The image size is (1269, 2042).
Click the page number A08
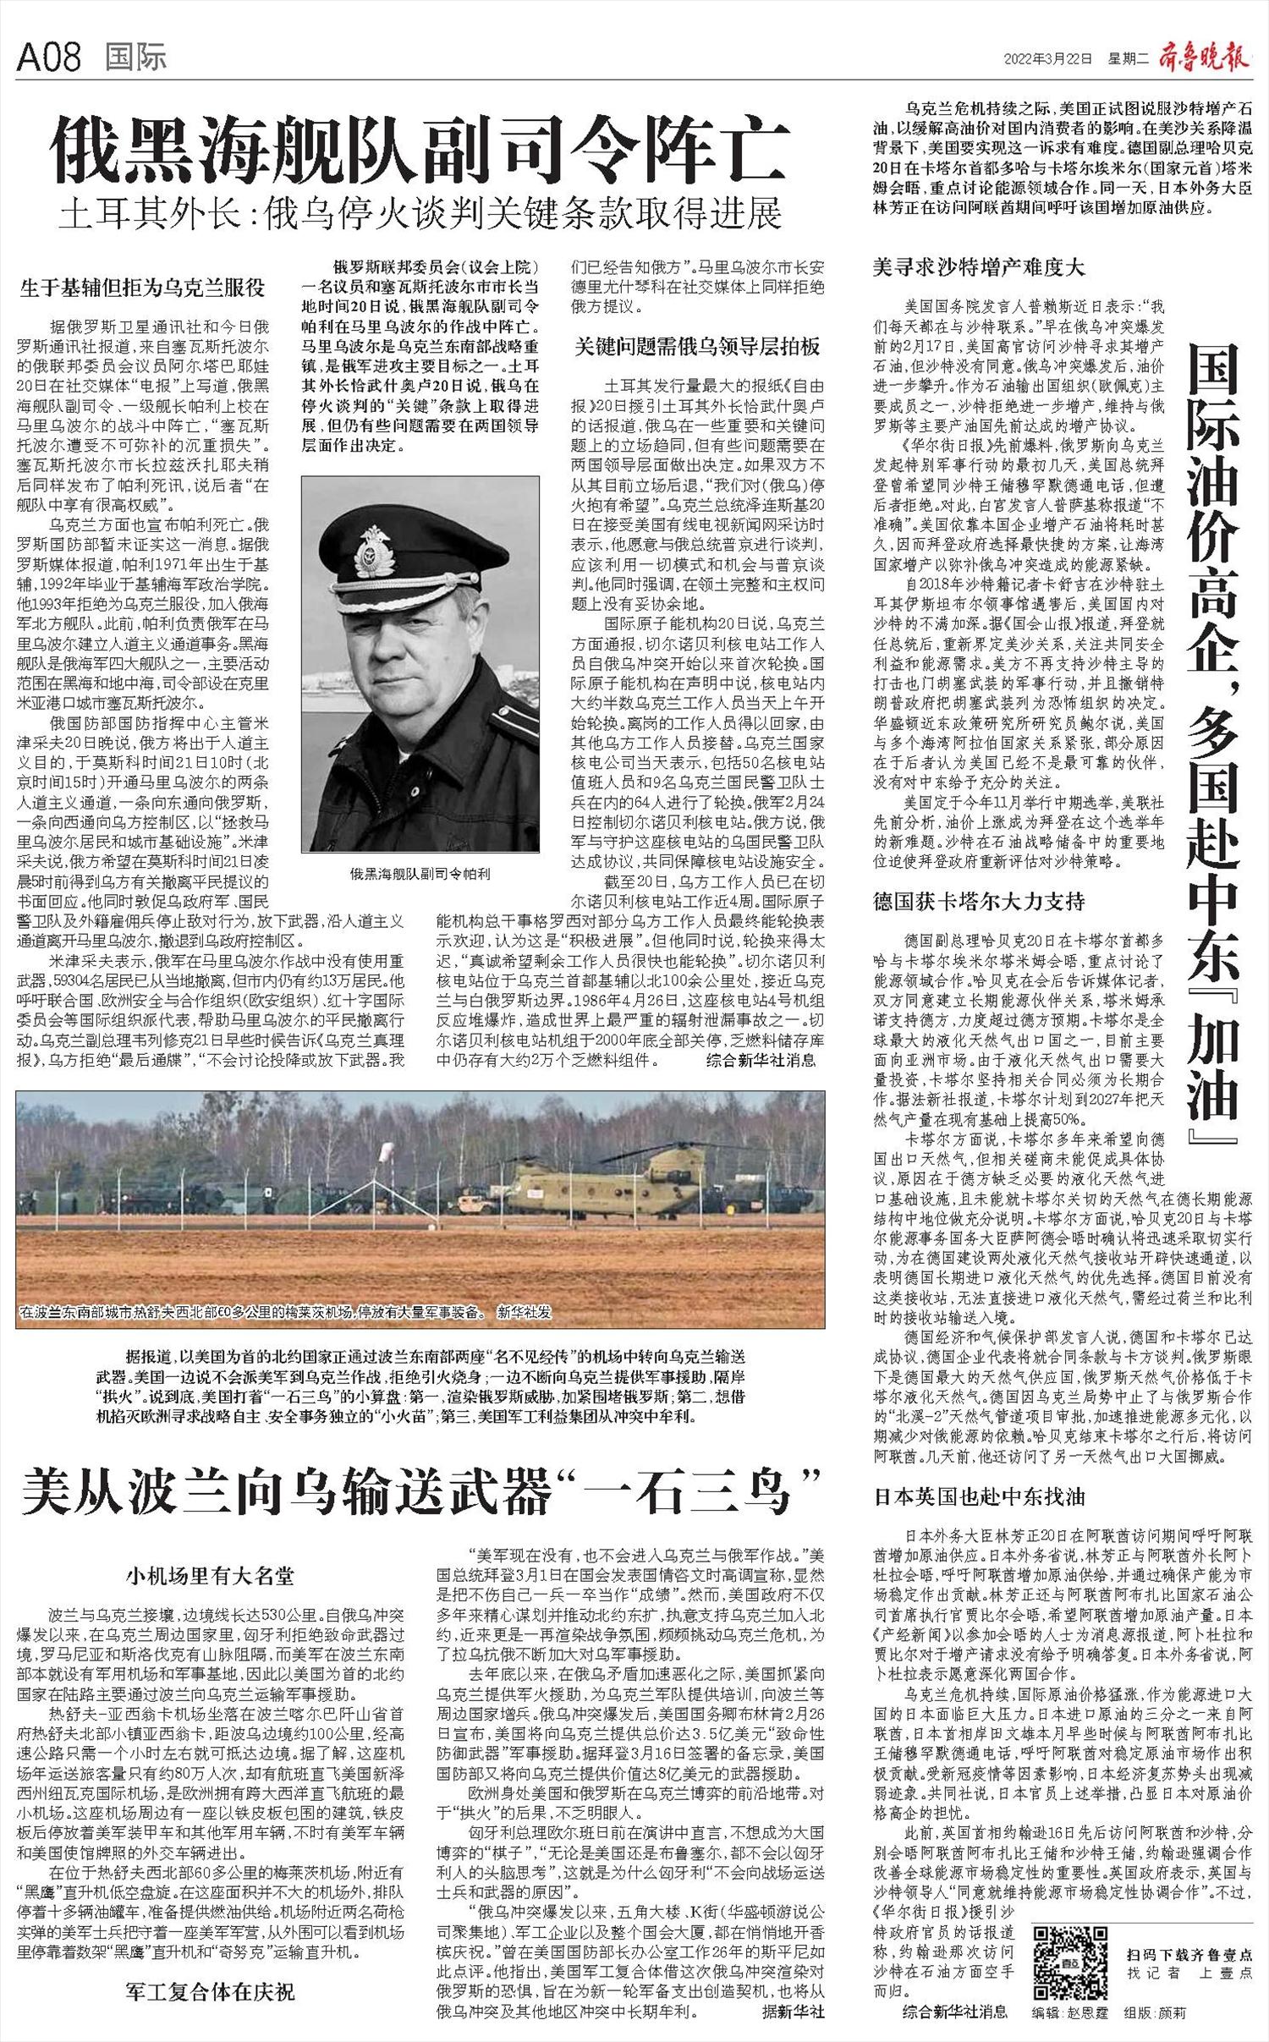pos(49,58)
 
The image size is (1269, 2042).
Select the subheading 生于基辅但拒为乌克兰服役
pos(143,288)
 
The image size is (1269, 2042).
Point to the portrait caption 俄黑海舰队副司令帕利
pos(420,874)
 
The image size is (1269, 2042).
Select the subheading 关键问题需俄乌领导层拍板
pos(698,346)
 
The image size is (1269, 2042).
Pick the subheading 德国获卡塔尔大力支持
pos(979,901)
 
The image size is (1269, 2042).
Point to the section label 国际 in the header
pos(136,58)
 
